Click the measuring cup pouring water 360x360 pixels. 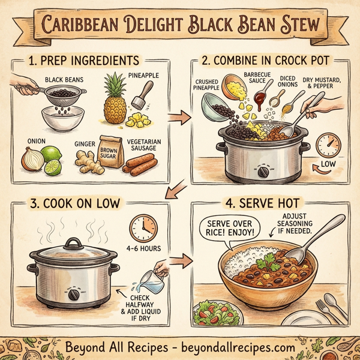coord(152,279)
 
